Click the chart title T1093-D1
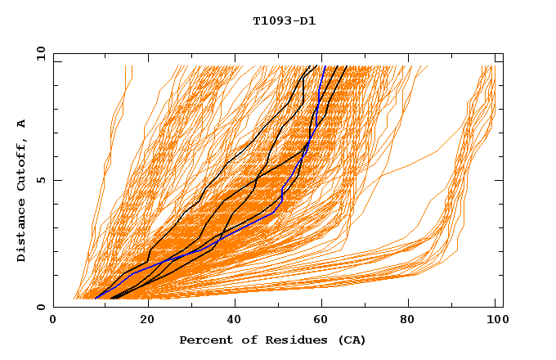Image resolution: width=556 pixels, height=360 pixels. (x=284, y=20)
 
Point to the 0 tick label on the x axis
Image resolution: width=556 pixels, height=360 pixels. (x=53, y=321)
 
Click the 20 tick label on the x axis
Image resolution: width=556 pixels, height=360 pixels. (x=147, y=321)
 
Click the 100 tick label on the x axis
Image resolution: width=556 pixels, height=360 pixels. (x=494, y=321)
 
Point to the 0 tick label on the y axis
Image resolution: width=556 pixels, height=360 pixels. (x=40, y=307)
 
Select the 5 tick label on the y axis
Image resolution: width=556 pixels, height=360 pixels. (x=40, y=180)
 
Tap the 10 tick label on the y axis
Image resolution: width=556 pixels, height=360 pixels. (x=38, y=53)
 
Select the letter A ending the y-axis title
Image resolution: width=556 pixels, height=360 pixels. (x=21, y=123)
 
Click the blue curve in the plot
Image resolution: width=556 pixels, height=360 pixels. (x=282, y=196)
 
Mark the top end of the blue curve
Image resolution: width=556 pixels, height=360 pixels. (x=325, y=66)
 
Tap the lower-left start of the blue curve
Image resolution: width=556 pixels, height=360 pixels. (x=96, y=298)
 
